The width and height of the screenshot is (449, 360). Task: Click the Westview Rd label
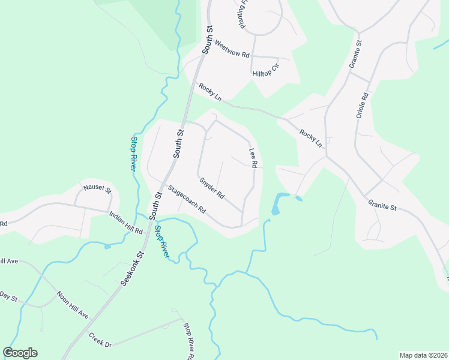click(x=232, y=49)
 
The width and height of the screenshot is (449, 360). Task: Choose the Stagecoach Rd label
click(x=187, y=200)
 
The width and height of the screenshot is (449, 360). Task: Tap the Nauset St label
click(x=97, y=190)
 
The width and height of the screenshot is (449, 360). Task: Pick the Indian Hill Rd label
click(x=126, y=223)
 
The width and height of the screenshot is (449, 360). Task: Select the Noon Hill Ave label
click(x=73, y=305)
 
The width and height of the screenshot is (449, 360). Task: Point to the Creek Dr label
click(x=100, y=340)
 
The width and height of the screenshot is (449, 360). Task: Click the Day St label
click(x=8, y=296)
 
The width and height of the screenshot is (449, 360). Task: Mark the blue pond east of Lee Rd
click(x=277, y=204)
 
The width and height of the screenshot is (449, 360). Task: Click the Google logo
click(x=20, y=353)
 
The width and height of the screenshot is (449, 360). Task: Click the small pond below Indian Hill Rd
click(x=107, y=246)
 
